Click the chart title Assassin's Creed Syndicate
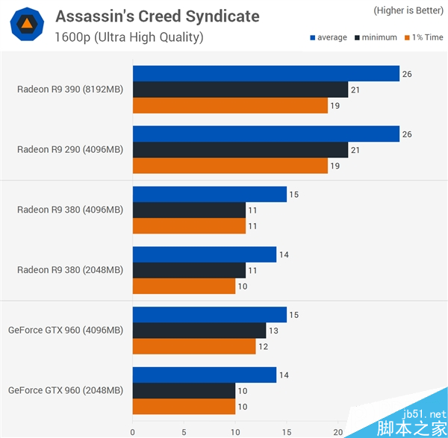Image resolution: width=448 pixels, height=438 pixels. tap(157, 16)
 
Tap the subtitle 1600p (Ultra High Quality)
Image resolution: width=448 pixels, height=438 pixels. tap(128, 37)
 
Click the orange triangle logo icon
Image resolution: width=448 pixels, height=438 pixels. tap(26, 25)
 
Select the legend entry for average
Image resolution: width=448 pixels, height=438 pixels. tap(328, 37)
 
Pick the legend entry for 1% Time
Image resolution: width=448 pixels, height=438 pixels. tap(423, 37)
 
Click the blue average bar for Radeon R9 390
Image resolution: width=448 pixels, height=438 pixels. tap(266, 73)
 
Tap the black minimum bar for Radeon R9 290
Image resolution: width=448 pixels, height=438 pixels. tap(240, 150)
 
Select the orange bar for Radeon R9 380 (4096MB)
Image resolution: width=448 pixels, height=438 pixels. tap(189, 226)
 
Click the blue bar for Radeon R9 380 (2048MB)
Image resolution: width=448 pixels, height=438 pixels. tap(205, 254)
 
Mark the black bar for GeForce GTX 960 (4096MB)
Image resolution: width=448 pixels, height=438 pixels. tap(199, 331)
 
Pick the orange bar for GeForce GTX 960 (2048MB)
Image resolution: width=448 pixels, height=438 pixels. tap(184, 407)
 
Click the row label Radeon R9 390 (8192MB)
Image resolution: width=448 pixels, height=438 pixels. tap(70, 90)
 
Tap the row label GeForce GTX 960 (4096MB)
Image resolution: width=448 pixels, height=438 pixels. tap(66, 330)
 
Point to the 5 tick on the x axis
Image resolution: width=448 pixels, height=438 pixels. tap(184, 431)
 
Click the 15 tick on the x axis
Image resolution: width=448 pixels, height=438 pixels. tap(287, 431)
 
